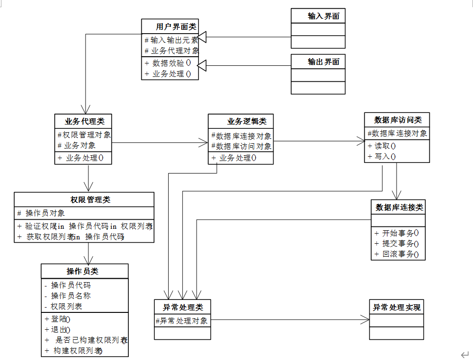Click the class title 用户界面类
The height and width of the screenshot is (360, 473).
pos(170,26)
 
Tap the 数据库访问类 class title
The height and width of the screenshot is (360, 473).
pos(398,120)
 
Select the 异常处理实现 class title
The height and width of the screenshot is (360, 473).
pos(397,307)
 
